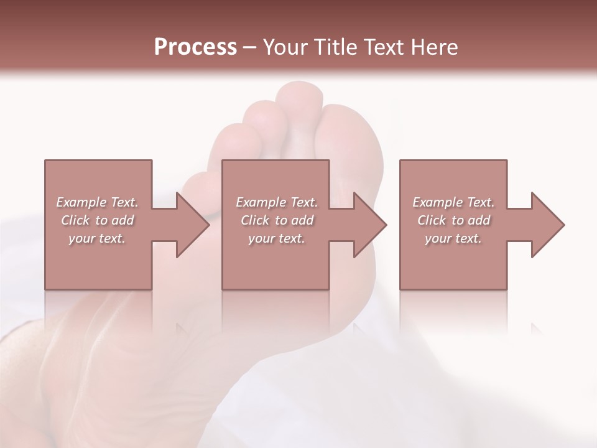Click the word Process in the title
pos(195,47)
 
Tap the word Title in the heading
pos(335,47)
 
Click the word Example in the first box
pos(81,202)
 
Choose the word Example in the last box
pos(438,202)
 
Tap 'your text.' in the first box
pos(97,238)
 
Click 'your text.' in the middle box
pos(276,238)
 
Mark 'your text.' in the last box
pos(453,238)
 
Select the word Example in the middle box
pos(261,202)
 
